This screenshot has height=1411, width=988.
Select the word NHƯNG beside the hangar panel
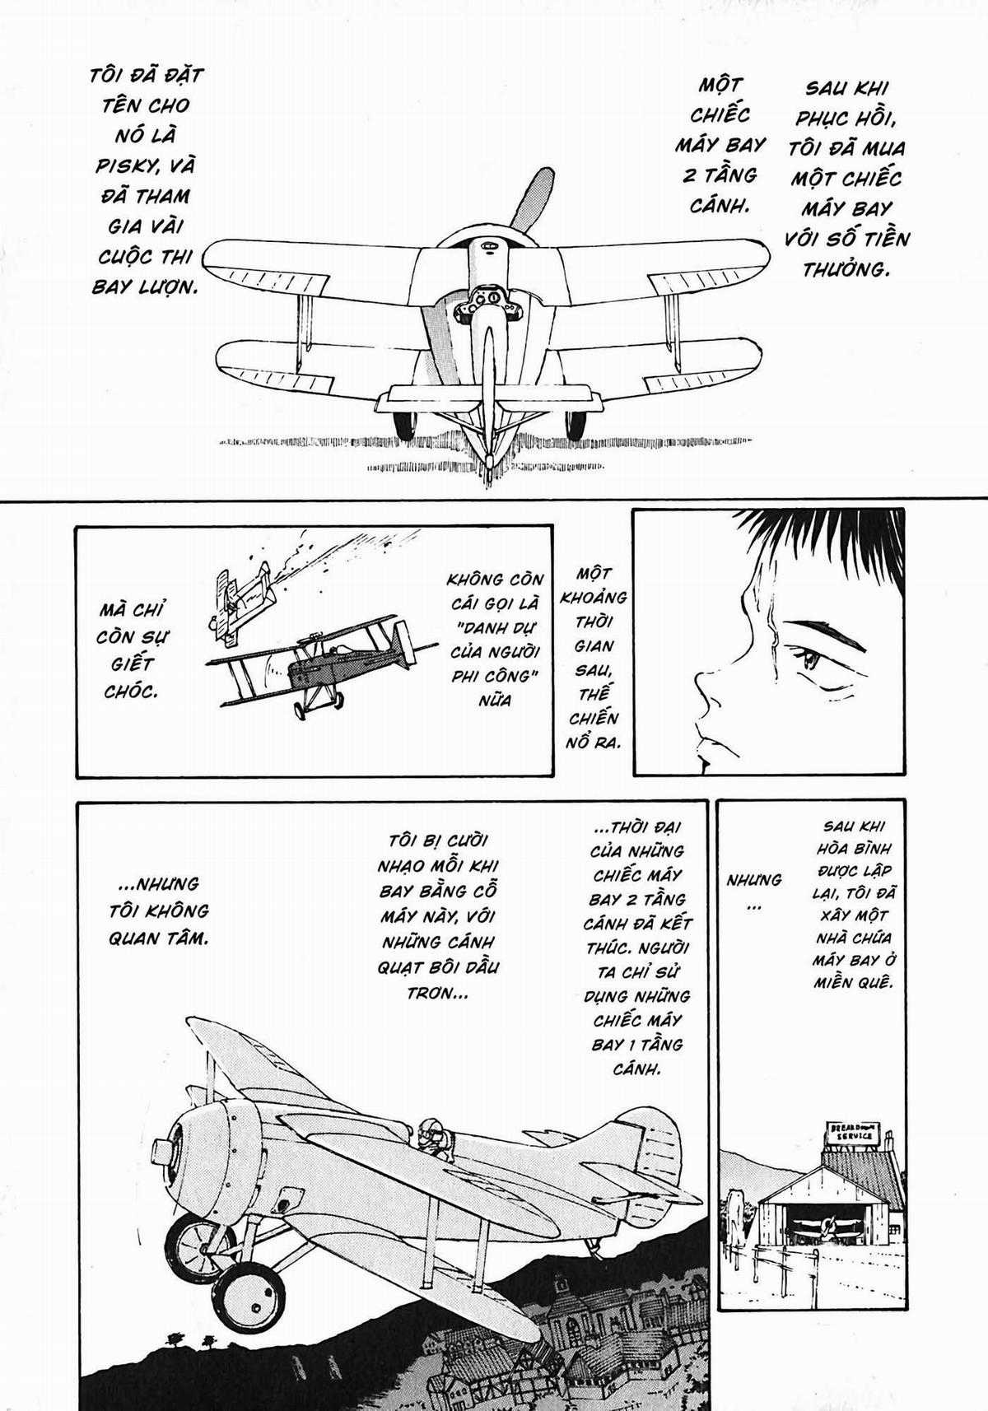click(x=753, y=880)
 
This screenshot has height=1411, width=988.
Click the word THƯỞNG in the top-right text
click(x=846, y=269)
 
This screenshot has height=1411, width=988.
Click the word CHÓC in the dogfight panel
click(x=130, y=692)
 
